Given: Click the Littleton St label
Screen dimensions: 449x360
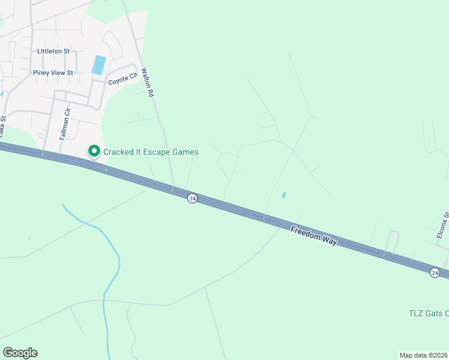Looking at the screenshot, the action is coord(53,52).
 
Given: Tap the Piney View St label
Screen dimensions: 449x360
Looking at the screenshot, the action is coord(53,73).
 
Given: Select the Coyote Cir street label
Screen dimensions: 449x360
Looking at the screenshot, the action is coord(122,79).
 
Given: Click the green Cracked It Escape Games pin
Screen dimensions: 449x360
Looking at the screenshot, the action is coord(94,152).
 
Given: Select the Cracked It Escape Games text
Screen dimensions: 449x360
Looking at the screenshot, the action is coord(151,152).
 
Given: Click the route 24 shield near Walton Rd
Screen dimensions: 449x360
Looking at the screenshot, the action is coord(191,198).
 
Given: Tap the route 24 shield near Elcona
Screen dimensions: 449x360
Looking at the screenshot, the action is coord(435,272).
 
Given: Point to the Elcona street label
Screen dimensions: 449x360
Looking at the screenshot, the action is coord(442,226).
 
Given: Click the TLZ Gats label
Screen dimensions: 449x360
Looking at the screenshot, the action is coord(427,313).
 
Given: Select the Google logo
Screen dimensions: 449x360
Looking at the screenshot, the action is coord(20,353).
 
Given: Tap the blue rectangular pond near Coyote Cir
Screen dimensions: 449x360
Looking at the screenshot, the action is coord(99,65).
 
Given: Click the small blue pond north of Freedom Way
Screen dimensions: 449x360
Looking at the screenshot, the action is coord(283,195).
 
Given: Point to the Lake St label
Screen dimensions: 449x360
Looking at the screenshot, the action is coord(3,125).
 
